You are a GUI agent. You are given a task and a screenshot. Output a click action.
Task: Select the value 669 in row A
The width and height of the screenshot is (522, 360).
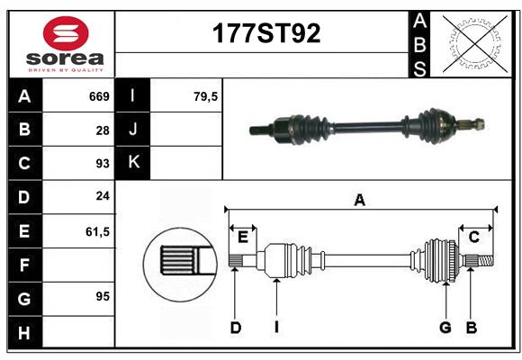[99, 96]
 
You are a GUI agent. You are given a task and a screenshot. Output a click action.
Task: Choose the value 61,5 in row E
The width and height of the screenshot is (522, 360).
[97, 231]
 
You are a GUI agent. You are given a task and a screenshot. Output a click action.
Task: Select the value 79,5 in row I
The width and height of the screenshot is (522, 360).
[206, 96]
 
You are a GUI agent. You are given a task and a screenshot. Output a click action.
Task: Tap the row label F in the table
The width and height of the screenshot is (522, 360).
[24, 265]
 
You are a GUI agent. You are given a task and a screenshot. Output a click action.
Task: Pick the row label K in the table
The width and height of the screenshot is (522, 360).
[133, 163]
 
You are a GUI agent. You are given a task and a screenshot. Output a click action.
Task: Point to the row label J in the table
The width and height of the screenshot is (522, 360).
[133, 130]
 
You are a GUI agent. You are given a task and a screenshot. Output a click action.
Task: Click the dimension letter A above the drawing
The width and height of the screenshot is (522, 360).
[359, 201]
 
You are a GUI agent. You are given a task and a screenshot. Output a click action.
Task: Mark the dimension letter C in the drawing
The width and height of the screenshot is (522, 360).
[473, 237]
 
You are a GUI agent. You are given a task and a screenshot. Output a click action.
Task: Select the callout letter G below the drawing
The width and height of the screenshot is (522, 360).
[445, 328]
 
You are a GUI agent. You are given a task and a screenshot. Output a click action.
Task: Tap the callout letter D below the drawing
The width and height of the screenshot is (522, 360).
[235, 328]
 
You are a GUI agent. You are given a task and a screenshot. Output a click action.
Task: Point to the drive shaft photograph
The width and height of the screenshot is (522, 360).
[367, 127]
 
